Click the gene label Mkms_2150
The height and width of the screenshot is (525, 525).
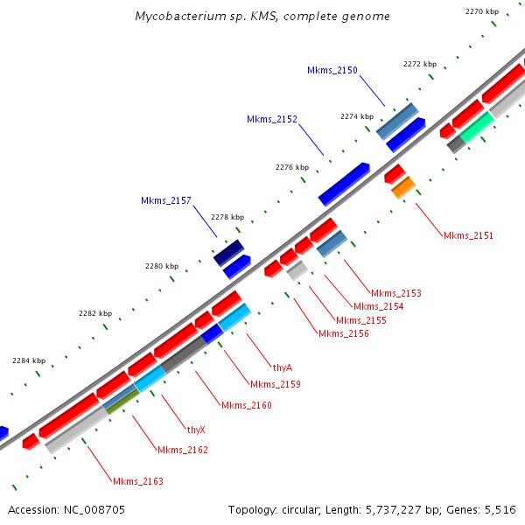332,70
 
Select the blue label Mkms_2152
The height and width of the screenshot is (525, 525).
271,119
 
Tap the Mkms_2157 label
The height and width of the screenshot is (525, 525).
165,200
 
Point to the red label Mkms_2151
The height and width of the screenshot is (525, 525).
468,235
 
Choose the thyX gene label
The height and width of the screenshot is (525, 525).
196,430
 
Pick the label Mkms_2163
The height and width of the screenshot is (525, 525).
137,481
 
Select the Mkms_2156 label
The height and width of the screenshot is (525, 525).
343,333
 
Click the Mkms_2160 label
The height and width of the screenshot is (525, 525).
246,405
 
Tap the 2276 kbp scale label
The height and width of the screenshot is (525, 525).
292,167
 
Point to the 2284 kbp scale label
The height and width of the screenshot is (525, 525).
29,360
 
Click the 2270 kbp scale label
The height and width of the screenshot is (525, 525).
482,11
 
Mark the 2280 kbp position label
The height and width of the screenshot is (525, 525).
161,266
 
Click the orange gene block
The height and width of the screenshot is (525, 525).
403,187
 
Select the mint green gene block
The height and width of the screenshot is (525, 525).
478,128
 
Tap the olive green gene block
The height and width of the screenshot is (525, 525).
122,402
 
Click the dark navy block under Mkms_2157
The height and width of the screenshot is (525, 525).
227,253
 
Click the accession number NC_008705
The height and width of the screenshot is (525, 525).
94,509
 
